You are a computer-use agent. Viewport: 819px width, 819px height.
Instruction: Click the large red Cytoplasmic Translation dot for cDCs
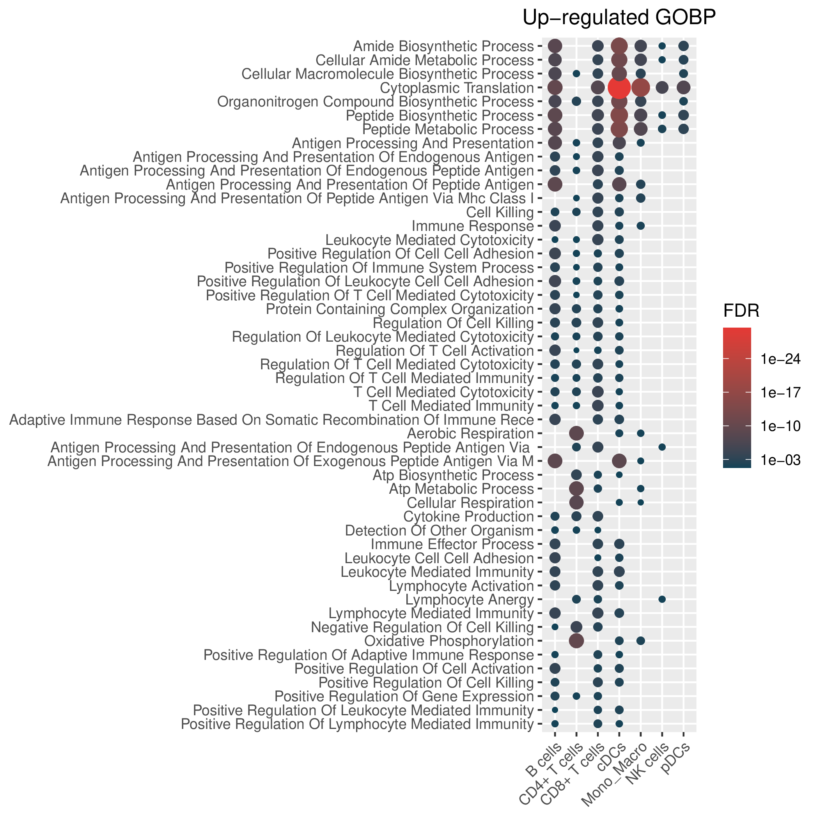pos(619,88)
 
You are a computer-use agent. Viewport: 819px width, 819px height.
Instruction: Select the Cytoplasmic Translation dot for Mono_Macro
pos(640,88)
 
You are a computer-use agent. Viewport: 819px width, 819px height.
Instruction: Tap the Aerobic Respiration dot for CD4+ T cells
pos(576,433)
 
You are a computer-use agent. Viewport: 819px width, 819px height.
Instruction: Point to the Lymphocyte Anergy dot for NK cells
pos(662,599)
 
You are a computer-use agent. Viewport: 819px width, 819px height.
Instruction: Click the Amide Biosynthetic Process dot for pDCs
pos(683,46)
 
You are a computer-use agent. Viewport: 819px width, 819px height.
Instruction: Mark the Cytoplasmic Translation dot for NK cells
pos(662,88)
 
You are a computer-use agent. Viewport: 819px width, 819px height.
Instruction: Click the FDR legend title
pos(741,312)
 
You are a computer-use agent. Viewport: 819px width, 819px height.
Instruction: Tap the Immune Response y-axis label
pos(473,226)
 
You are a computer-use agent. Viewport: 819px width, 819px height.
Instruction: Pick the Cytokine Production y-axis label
pos(468,516)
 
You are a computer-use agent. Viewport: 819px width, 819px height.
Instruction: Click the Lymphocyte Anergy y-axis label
pos(470,599)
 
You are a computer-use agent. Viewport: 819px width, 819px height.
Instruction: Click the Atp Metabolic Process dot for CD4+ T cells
pos(576,488)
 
